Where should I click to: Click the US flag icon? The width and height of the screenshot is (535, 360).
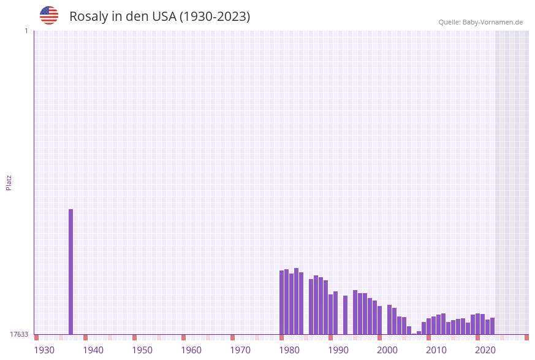(49, 15)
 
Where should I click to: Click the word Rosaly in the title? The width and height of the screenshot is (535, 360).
(89, 17)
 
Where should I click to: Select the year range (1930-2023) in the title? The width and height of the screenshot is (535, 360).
(214, 17)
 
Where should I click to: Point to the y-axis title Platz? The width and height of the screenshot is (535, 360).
(9, 182)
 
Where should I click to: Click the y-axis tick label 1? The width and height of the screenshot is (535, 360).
(26, 31)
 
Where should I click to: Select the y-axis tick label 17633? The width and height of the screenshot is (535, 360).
(19, 334)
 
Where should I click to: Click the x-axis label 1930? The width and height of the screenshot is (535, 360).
(44, 350)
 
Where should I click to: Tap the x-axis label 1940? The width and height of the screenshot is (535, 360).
(93, 350)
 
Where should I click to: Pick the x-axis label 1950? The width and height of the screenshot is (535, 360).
(142, 350)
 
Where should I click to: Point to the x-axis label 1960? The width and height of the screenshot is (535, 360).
(191, 350)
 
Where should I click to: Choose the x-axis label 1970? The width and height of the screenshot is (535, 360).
(240, 350)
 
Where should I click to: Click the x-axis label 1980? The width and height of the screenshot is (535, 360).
(289, 350)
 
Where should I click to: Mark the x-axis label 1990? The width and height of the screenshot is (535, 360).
(338, 350)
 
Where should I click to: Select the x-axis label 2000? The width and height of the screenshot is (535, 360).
(387, 350)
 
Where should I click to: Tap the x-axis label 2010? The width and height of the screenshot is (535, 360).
(436, 350)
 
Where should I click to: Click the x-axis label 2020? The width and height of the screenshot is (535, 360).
(485, 350)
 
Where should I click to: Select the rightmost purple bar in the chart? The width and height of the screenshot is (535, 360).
(492, 326)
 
